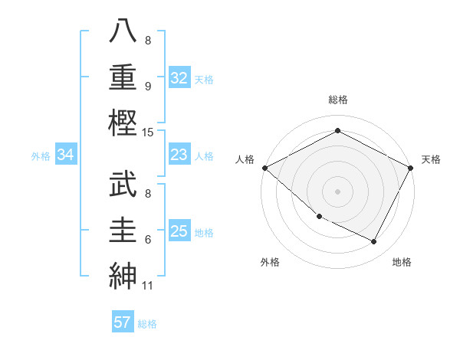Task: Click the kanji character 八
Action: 123,32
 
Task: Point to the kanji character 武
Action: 123,185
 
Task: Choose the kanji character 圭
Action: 123,229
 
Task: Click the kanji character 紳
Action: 123,273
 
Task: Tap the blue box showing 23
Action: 179,155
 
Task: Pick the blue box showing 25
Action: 179,231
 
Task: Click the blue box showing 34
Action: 66,155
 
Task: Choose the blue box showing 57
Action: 123,322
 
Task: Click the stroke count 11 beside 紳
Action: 148,286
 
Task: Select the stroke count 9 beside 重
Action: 148,86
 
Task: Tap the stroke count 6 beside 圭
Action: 148,239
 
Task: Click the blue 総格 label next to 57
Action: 147,324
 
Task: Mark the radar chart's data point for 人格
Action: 264,168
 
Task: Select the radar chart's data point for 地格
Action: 374,242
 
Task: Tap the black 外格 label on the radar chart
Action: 270,262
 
